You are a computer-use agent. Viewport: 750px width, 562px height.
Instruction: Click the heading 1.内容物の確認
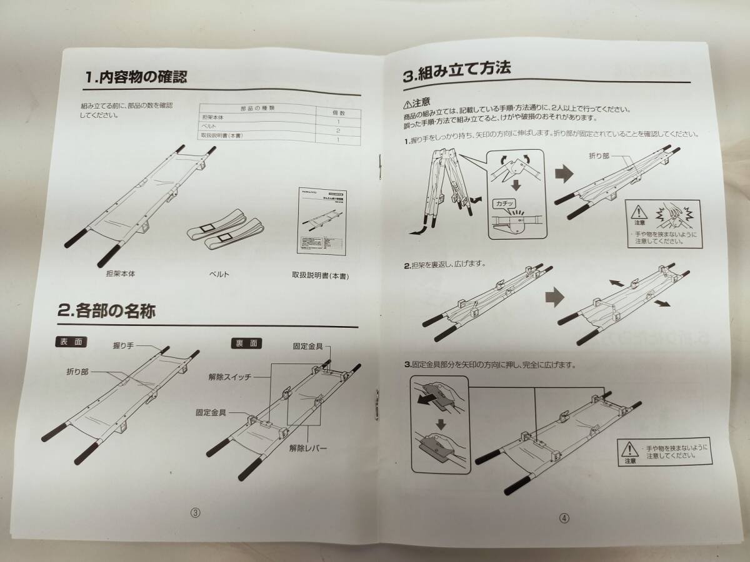[136, 78]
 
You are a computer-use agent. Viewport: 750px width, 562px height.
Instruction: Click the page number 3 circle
[195, 513]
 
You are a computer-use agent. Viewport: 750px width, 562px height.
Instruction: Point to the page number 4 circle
[564, 517]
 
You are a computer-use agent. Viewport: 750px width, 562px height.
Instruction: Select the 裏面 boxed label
[240, 343]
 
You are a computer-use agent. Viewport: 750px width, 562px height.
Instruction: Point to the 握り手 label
[124, 344]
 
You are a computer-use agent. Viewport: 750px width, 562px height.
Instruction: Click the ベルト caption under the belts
[219, 274]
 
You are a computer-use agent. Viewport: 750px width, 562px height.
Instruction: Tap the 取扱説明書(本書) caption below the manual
[319, 274]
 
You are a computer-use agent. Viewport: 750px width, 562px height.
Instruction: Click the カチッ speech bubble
[504, 204]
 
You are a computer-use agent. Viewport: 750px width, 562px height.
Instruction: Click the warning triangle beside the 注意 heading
[407, 104]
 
